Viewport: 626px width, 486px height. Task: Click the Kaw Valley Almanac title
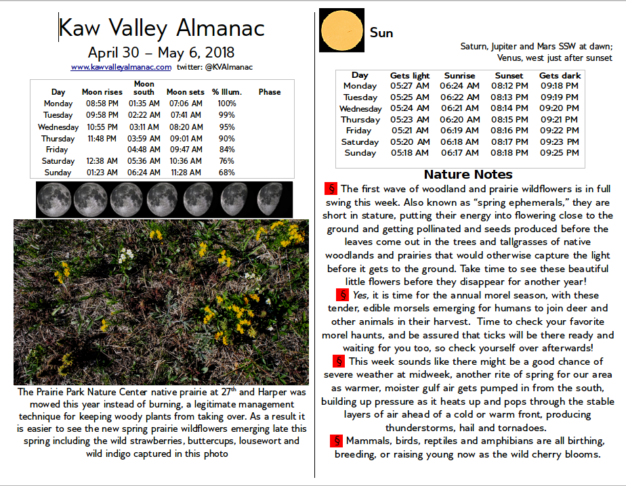pos(161,28)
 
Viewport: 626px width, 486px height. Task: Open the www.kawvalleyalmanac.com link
pos(121,67)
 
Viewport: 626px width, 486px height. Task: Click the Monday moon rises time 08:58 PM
pos(102,104)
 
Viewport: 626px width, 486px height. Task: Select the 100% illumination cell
pos(227,104)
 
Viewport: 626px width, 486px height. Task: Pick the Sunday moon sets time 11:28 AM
pos(184,173)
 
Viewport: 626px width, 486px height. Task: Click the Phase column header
pos(269,92)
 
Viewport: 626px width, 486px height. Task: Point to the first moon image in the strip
pos(54,200)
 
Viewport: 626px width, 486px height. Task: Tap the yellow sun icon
pos(341,30)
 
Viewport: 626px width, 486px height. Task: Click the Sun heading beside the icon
pos(381,32)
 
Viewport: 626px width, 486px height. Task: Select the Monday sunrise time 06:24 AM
pos(459,86)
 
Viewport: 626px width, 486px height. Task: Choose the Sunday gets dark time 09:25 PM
pos(560,153)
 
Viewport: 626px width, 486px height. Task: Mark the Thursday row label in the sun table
pos(360,120)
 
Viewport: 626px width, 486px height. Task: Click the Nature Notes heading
pos(465,174)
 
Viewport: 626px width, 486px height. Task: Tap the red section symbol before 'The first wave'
pos(331,189)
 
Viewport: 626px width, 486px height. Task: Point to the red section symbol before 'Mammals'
pos(337,441)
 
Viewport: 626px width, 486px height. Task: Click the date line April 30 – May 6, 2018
pos(161,52)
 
